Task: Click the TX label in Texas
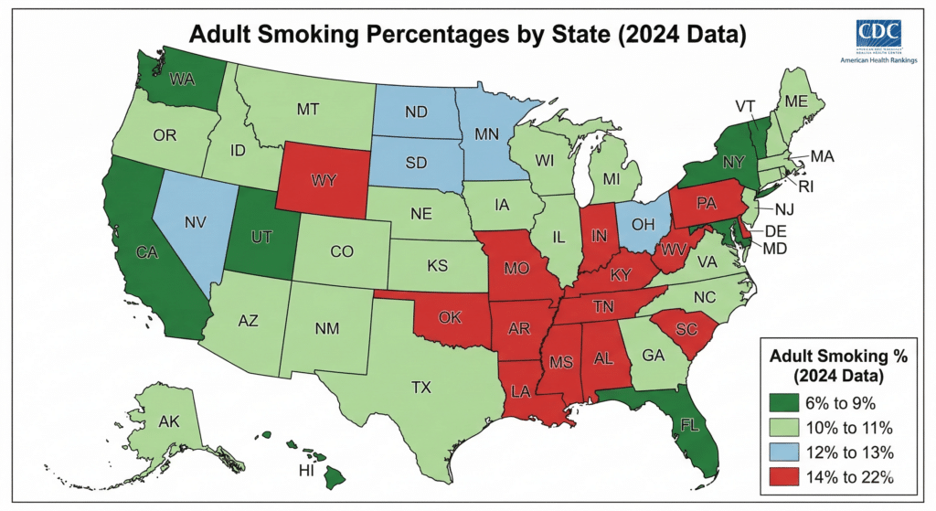420,387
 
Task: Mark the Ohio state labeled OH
644,222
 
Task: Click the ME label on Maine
796,102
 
